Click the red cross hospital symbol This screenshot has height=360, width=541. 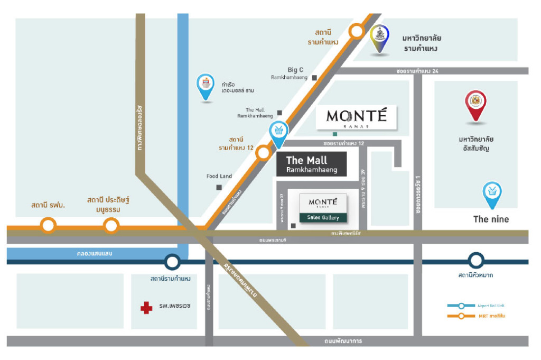point(146,308)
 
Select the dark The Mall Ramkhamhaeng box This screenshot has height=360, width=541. point(311,164)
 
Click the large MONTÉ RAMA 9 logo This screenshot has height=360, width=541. point(357,118)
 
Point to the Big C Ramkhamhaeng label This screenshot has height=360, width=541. point(295,73)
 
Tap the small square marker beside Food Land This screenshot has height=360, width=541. point(219,187)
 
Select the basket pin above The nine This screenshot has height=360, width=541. point(492,193)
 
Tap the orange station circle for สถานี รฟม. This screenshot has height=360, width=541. point(48,226)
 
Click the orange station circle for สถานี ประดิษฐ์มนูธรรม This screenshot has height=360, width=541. point(110,226)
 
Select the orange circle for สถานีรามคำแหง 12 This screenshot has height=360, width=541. point(263,153)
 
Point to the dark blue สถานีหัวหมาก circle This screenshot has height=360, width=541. point(476,260)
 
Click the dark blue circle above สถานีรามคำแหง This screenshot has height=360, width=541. point(172,261)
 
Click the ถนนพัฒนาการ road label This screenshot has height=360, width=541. point(343,341)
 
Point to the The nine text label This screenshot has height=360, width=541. point(491,219)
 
